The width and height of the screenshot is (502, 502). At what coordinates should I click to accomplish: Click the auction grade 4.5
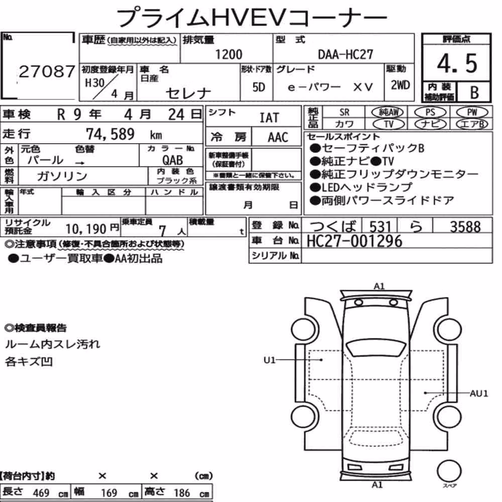pos(457,63)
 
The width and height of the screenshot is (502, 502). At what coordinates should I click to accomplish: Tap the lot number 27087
pos(47,71)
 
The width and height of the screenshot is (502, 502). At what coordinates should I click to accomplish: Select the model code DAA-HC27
pos(345,54)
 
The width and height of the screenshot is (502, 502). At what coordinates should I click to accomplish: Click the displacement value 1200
pos(228,54)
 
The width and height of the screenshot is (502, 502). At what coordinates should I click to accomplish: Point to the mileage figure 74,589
pos(110,134)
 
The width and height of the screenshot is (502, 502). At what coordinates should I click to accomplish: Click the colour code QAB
pos(173,160)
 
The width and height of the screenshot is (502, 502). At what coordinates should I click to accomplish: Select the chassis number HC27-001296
pos(354,241)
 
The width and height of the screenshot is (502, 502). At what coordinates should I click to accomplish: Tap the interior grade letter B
pos(474,92)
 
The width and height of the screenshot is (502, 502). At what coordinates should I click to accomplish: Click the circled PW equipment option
pos(472,112)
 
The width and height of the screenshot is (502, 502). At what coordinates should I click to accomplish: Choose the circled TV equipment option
pos(389,124)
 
